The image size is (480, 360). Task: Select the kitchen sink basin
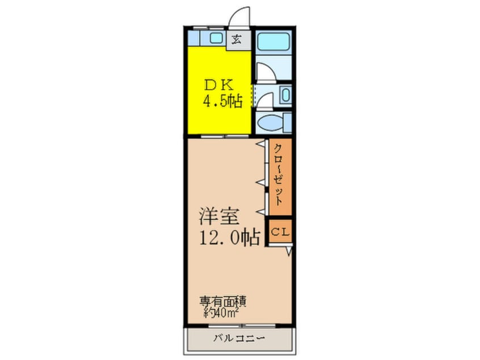[216, 39]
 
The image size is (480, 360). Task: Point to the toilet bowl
[271, 122]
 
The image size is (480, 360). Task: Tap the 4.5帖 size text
[223, 102]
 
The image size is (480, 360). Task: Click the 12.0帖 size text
[229, 235]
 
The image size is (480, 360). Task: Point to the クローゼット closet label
[280, 177]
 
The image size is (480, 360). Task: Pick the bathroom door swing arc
[265, 73]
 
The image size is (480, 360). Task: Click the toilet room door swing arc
[264, 101]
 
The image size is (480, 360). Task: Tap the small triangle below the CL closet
[289, 250]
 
